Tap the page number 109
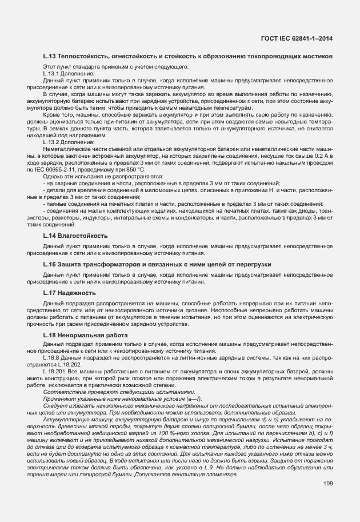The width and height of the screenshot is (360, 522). click(x=327, y=484)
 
